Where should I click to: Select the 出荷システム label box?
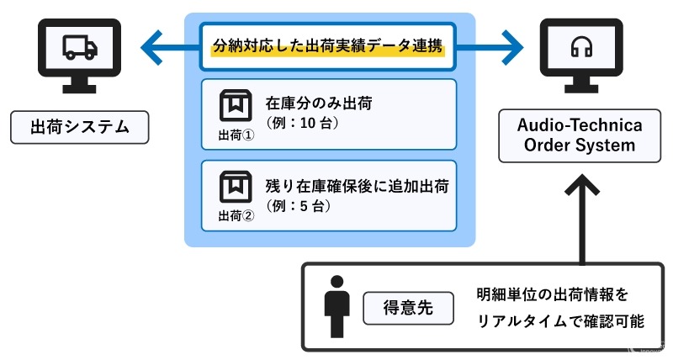(x=79, y=128)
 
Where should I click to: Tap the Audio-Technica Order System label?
(x=581, y=135)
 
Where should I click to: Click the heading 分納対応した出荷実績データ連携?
(x=329, y=45)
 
